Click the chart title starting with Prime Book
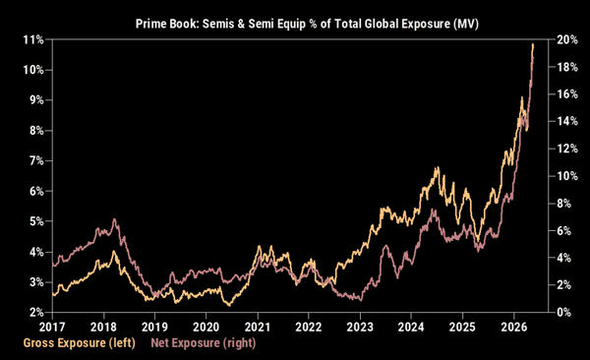pyautogui.click(x=307, y=24)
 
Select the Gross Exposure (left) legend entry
pyautogui.click(x=80, y=343)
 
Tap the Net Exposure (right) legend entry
pyautogui.click(x=204, y=343)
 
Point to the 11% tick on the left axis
pyautogui.click(x=33, y=39)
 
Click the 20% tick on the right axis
pyautogui.click(x=567, y=39)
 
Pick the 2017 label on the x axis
pyautogui.click(x=52, y=327)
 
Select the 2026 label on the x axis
pyautogui.click(x=514, y=327)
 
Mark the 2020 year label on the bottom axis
pyautogui.click(x=206, y=327)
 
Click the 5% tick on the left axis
pyautogui.click(x=36, y=221)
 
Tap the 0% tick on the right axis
pyautogui.click(x=563, y=312)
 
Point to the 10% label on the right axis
pyautogui.click(x=567, y=176)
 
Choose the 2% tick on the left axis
pyautogui.click(x=36, y=312)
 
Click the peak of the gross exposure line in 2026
pyautogui.click(x=533, y=44)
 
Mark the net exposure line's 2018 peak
pyautogui.click(x=114, y=219)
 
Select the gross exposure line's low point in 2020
pyautogui.click(x=229, y=305)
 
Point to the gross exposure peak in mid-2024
pyautogui.click(x=438, y=167)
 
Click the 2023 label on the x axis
pyautogui.click(x=360, y=327)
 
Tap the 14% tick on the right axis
pyautogui.click(x=567, y=121)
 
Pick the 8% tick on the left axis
pyautogui.click(x=36, y=131)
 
